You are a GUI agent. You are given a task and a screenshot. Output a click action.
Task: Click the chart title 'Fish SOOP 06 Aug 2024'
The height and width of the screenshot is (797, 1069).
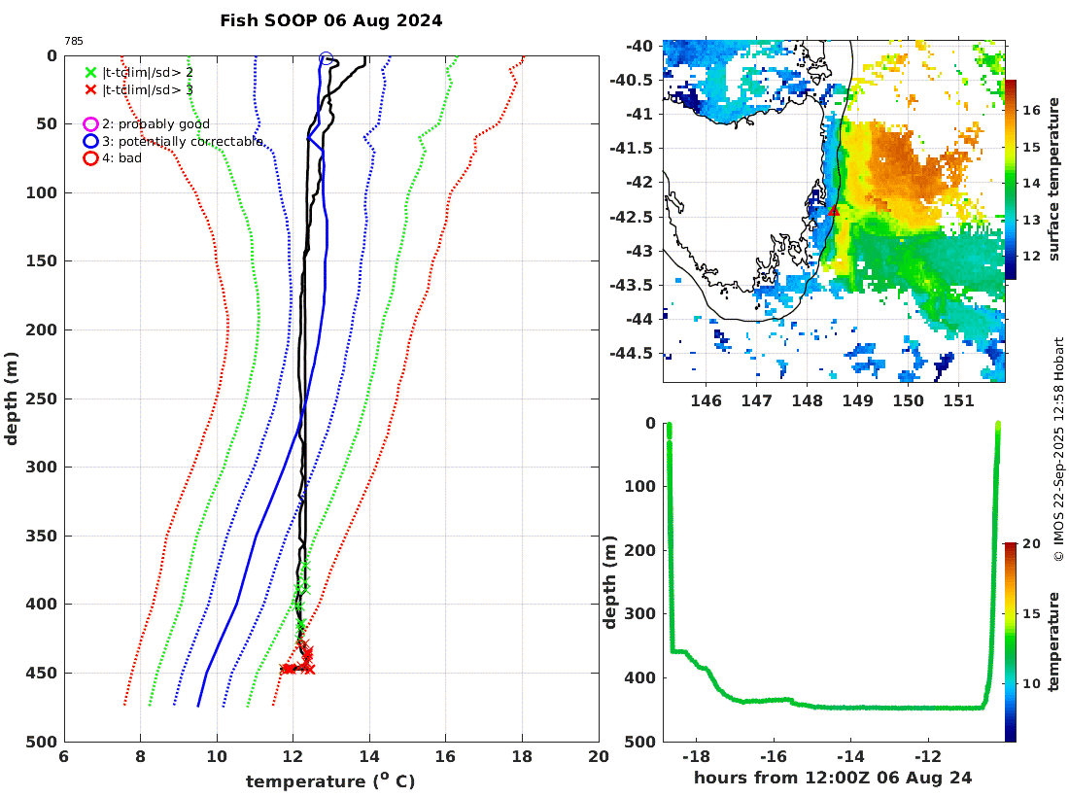tap(330, 20)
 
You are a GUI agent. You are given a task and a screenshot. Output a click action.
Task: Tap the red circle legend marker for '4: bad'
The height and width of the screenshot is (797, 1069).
tap(90, 158)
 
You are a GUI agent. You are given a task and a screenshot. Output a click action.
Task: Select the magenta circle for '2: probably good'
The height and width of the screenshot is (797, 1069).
tap(90, 124)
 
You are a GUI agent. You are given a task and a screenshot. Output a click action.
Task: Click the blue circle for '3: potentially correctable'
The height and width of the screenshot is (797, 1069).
tap(90, 142)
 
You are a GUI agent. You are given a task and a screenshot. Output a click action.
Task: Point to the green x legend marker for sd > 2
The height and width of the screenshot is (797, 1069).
tap(90, 72)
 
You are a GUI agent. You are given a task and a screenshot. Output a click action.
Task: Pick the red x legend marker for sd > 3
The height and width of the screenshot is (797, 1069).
tap(90, 89)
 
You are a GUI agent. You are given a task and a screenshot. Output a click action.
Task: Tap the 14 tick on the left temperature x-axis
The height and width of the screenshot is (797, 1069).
tap(369, 756)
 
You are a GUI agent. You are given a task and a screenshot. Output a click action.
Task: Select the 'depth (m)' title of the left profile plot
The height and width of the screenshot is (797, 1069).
tap(12, 398)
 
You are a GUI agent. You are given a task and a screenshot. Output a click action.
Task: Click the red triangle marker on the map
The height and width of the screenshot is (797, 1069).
tap(833, 210)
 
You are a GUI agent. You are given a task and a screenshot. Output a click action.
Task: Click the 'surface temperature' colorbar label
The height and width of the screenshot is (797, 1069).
tap(1054, 180)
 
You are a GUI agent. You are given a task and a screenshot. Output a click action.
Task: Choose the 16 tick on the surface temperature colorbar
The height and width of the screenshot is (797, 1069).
tap(1029, 112)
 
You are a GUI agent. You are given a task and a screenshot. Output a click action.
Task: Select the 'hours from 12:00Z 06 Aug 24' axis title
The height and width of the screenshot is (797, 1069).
tap(833, 778)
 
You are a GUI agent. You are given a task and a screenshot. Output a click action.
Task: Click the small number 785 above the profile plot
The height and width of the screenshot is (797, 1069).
tap(73, 42)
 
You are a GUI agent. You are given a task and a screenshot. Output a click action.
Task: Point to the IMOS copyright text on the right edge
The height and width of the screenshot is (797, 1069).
tap(1059, 448)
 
